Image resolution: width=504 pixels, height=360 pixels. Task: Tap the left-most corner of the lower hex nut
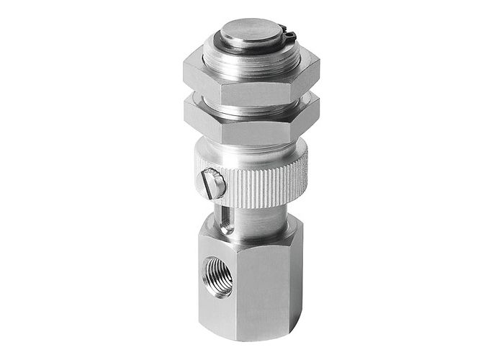184,112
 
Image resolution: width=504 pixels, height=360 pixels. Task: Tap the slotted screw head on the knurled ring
215,184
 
